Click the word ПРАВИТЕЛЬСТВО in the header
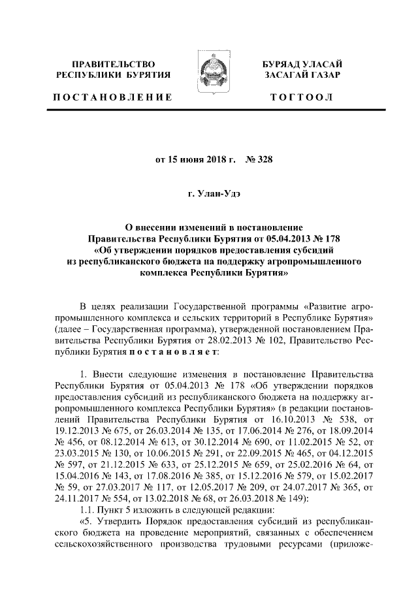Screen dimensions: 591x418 coord(114,64)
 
